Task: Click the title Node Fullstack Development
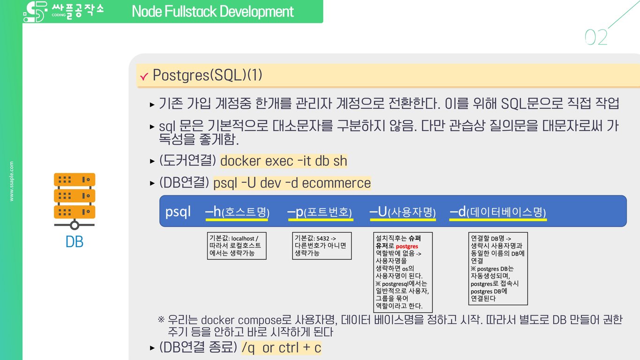[213, 11]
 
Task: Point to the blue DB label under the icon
[74, 242]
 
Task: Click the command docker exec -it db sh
[283, 161]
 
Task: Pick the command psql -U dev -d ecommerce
[292, 183]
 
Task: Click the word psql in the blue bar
[178, 212]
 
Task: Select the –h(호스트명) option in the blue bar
[237, 212]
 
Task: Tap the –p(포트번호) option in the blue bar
[320, 212]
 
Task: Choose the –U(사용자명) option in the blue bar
[403, 212]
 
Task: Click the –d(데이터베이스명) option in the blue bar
[498, 212]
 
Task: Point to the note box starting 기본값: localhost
[237, 246]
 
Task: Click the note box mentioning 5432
[321, 246]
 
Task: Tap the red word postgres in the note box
[407, 246]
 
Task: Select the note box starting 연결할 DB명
[498, 268]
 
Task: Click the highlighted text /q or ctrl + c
[281, 348]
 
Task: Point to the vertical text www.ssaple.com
[12, 181]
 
